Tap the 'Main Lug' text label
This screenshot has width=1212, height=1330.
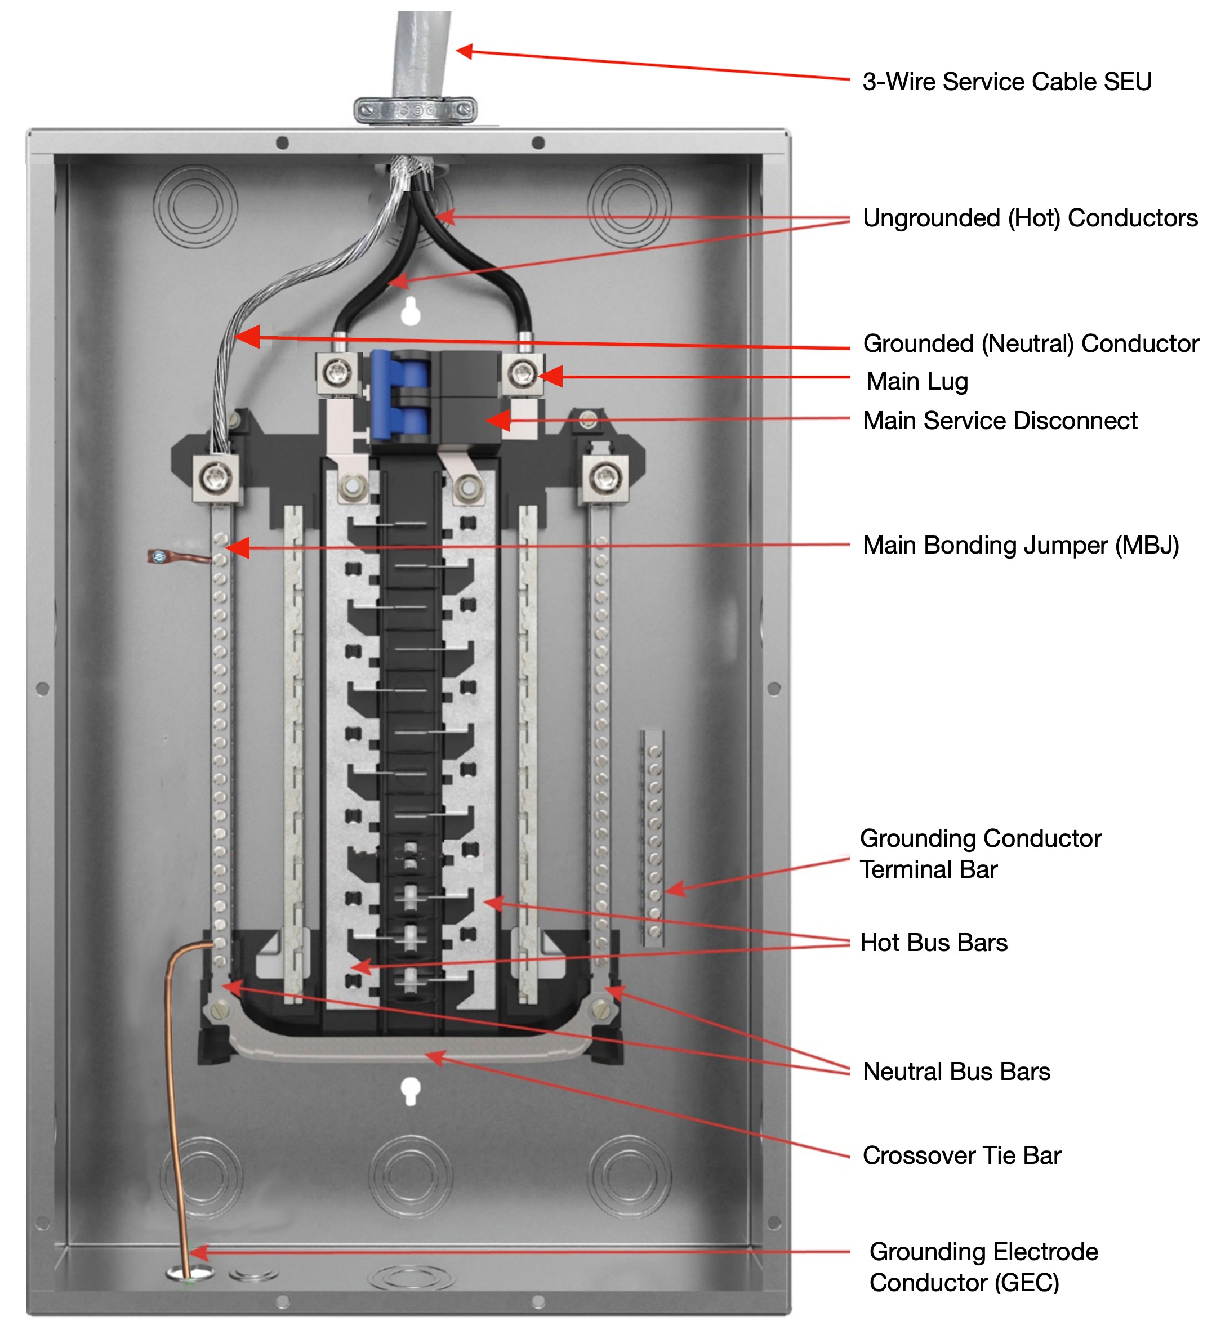(x=917, y=381)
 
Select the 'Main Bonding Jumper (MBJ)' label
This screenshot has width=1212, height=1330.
(x=1021, y=546)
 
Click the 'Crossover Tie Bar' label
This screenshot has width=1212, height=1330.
(x=961, y=1156)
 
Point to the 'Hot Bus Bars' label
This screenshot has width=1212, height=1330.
(x=934, y=943)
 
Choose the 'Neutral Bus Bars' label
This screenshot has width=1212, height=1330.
(x=956, y=1072)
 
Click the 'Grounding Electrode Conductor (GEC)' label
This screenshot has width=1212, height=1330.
(x=983, y=1267)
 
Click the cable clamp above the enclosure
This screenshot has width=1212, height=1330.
(x=415, y=109)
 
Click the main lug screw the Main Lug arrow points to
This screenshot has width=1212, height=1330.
(x=523, y=374)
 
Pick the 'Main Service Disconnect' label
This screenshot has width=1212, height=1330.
(x=1000, y=421)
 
